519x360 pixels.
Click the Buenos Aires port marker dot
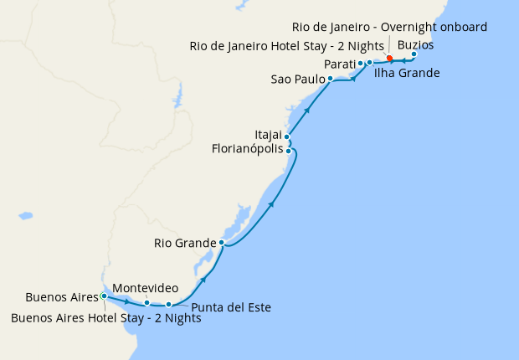pos(104,296)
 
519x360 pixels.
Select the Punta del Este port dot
pos(169,304)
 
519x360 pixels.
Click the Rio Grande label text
pos(185,244)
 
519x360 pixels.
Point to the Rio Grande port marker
pos(221,243)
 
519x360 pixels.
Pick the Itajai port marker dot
pos(287,136)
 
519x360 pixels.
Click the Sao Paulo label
pos(297,80)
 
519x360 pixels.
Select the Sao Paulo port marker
pos(331,79)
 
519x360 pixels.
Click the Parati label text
pos(339,64)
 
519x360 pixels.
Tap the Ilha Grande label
pos(407,74)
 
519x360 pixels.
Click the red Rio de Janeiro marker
pos(390,59)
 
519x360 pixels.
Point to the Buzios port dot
pos(414,54)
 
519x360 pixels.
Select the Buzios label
pos(416,44)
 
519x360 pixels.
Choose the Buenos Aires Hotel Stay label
pos(105,317)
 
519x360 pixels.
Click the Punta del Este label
pos(231,307)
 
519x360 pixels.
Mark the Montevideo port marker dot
pos(146,303)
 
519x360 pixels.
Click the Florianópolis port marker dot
pos(289,151)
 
